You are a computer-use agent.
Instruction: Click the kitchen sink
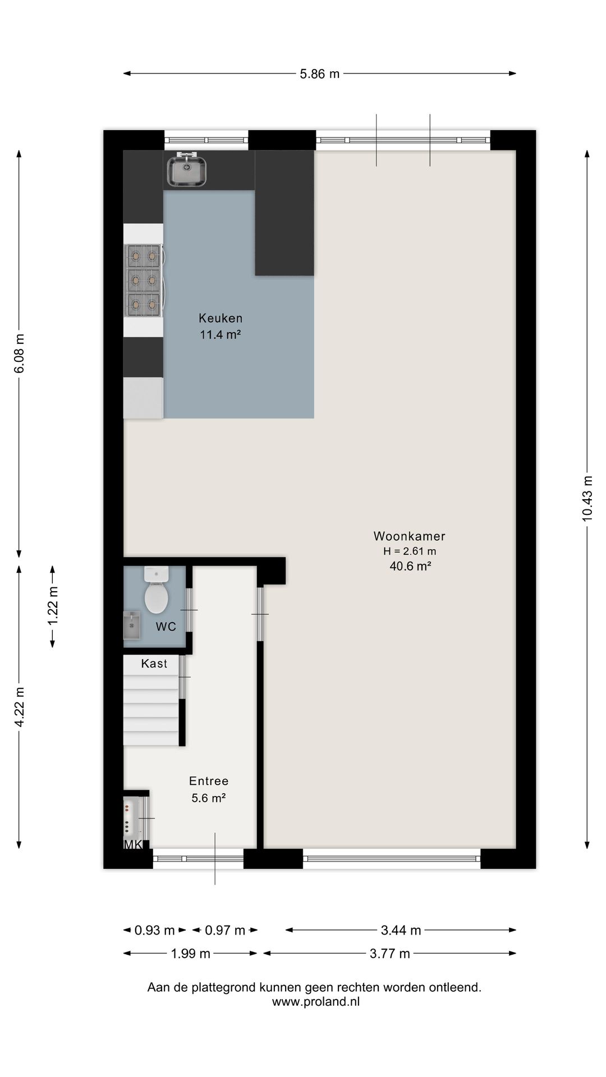click(x=187, y=169)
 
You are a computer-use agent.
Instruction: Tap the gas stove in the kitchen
click(x=144, y=280)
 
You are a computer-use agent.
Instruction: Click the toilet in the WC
click(x=156, y=590)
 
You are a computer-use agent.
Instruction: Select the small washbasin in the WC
click(x=131, y=625)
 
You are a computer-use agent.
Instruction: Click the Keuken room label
click(x=221, y=318)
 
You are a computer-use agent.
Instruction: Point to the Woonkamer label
click(x=410, y=536)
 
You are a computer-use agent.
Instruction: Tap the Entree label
click(x=209, y=781)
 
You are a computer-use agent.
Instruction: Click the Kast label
click(x=154, y=664)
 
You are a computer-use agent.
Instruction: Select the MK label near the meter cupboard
click(x=132, y=845)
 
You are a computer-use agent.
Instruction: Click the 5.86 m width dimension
click(x=320, y=73)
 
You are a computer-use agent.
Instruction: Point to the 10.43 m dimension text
click(x=587, y=499)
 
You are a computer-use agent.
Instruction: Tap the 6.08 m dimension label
click(x=19, y=353)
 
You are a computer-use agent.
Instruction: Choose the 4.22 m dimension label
click(x=19, y=707)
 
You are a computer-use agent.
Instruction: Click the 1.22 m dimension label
click(x=53, y=606)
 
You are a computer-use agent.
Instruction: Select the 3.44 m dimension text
click(x=401, y=931)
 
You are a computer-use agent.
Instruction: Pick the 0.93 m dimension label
click(x=155, y=931)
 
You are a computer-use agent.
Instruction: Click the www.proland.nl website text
click(x=316, y=1002)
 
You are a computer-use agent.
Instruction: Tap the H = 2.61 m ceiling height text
click(x=410, y=551)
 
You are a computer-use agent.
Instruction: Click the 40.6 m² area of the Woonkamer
click(x=410, y=567)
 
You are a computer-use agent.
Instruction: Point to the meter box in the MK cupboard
click(x=130, y=817)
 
